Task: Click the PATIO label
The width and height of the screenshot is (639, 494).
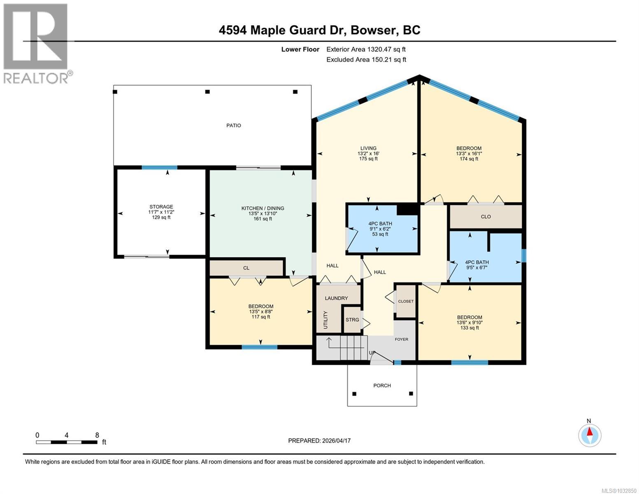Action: tap(233, 126)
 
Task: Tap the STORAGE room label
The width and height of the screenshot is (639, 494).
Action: tap(161, 207)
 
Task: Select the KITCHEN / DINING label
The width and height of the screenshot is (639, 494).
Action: tap(263, 208)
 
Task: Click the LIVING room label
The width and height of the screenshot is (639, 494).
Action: tap(368, 148)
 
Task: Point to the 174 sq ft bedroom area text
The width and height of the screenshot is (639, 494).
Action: tap(469, 159)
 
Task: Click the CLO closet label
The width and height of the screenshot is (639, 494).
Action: tap(486, 217)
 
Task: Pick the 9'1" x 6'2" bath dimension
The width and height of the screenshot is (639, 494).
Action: tap(380, 229)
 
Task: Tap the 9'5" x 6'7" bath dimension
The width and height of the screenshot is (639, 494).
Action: tap(476, 268)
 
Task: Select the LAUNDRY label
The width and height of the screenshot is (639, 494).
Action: tap(336, 298)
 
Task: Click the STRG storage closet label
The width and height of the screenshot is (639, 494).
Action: tap(352, 320)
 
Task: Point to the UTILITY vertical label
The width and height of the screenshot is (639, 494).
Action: tap(325, 320)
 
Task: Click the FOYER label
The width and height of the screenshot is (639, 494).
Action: tap(402, 339)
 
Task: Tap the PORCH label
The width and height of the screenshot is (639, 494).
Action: tap(382, 386)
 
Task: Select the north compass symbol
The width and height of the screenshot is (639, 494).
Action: tap(590, 435)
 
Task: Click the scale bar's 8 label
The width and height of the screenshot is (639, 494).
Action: tap(97, 435)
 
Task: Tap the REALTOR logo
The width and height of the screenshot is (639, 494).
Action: tap(36, 43)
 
